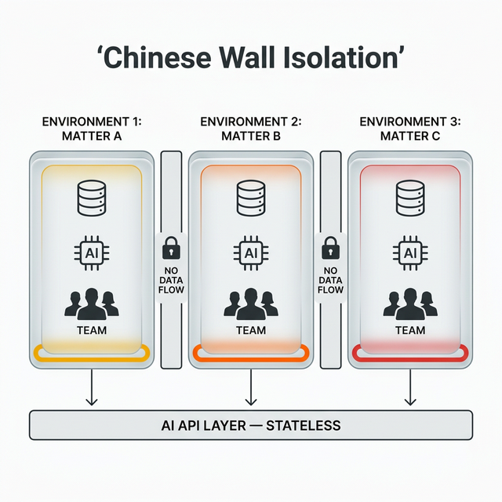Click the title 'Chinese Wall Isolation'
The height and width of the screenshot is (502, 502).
(x=251, y=58)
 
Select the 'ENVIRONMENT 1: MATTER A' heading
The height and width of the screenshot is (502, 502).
(x=92, y=129)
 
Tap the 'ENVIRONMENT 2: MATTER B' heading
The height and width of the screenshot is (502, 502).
(x=250, y=129)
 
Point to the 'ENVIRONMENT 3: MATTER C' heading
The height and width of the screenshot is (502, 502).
(x=409, y=129)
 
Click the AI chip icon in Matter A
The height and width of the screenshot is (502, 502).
(x=92, y=253)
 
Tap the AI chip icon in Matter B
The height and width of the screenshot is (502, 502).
(x=250, y=253)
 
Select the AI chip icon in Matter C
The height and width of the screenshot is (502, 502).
(x=409, y=253)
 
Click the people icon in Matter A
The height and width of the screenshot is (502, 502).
(x=92, y=303)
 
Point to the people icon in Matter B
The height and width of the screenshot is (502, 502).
(x=250, y=303)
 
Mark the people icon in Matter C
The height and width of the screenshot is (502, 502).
(x=409, y=303)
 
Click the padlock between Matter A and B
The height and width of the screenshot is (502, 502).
(x=170, y=249)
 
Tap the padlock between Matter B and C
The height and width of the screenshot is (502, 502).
(x=330, y=249)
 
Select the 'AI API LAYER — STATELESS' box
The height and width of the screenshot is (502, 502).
(x=251, y=425)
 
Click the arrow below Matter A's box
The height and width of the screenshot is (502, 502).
(x=92, y=387)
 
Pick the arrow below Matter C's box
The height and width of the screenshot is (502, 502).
(x=409, y=387)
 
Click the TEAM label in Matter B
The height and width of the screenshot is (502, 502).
(x=250, y=330)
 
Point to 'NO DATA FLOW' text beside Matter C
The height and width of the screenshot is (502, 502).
(x=330, y=278)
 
